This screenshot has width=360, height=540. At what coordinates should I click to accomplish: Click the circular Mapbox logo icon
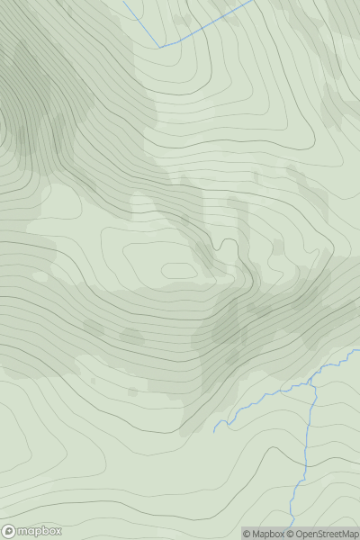9,531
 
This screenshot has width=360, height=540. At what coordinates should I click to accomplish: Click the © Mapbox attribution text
265,534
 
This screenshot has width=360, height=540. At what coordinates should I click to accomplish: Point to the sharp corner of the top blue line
160,46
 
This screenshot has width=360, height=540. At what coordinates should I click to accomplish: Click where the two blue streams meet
312,384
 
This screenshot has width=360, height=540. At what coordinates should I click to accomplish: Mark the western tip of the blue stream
214,432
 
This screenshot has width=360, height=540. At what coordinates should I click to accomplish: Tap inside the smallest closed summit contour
179,269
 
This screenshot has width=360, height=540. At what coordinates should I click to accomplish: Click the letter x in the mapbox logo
57,531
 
